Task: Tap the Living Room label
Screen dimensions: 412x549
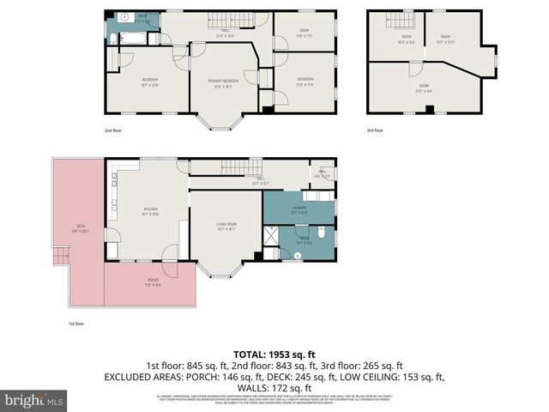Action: click(226, 227)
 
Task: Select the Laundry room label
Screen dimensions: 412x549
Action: click(299, 209)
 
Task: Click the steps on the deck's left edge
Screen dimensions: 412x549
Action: click(59, 255)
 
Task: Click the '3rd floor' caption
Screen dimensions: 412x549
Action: click(375, 130)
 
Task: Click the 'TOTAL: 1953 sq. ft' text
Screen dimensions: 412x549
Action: click(274, 354)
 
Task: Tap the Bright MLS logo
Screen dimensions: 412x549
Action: click(34, 400)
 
